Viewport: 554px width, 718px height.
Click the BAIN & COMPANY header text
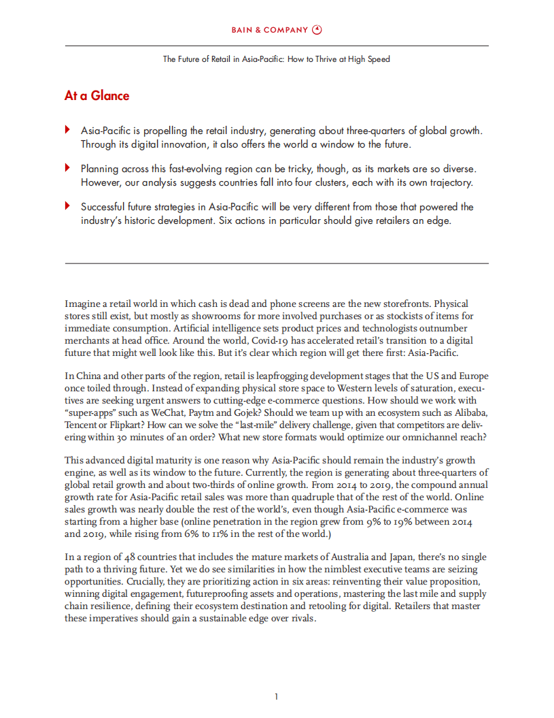270,30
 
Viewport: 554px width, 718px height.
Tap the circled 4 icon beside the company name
317,30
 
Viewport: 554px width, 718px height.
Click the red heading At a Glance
97,96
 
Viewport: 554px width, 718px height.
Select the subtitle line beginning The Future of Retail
276,59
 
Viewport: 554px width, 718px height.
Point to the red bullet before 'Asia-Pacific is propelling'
67,129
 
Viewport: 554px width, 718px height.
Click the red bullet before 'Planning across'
67,167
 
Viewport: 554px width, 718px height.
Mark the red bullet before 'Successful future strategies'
67,206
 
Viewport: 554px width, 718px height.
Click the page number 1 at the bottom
277,696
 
